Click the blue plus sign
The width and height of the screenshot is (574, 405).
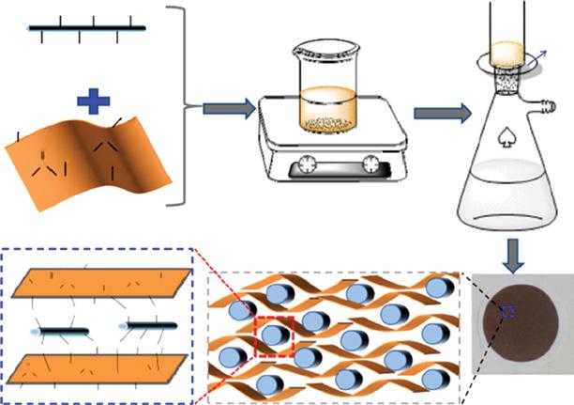86,101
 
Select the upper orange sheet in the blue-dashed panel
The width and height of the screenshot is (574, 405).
98,283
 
